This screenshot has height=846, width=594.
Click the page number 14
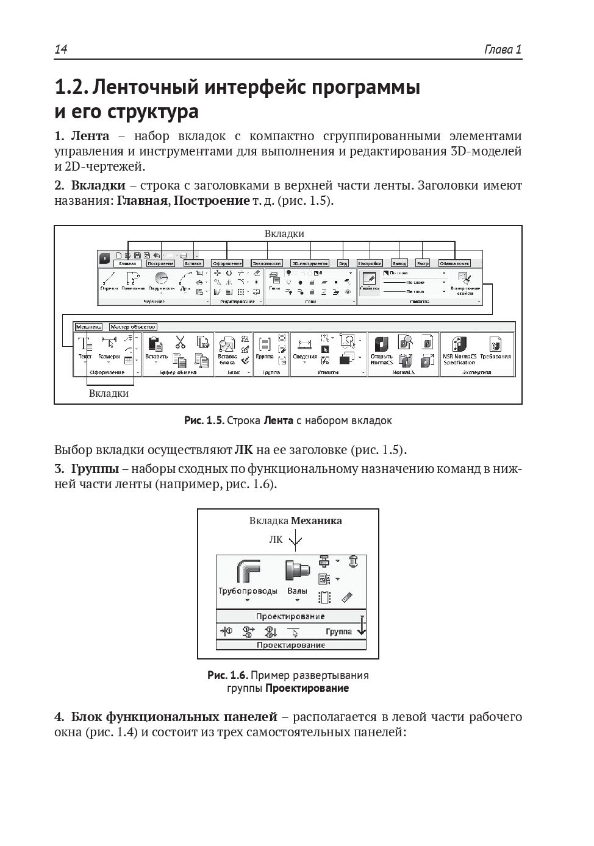point(60,49)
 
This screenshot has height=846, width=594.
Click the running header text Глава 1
point(503,49)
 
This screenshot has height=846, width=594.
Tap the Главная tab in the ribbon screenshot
point(127,263)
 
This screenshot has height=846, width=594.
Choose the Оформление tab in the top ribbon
point(227,263)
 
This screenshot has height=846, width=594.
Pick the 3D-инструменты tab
point(310,263)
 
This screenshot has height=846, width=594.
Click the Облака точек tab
point(454,263)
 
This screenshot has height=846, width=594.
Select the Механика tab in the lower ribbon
point(88,327)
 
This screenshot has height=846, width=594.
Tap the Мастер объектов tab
point(133,327)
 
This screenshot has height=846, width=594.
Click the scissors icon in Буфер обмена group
point(180,342)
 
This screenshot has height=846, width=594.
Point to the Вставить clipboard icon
point(156,344)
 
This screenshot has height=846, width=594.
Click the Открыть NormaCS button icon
point(382,344)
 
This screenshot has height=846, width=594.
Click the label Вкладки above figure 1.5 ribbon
point(284,233)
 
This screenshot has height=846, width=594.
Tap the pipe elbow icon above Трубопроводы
point(248,572)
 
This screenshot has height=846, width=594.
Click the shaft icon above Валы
point(297,572)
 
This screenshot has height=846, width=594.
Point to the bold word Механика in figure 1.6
point(316,521)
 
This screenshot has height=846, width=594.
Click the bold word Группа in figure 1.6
point(338,631)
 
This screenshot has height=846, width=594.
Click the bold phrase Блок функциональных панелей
point(174,717)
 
